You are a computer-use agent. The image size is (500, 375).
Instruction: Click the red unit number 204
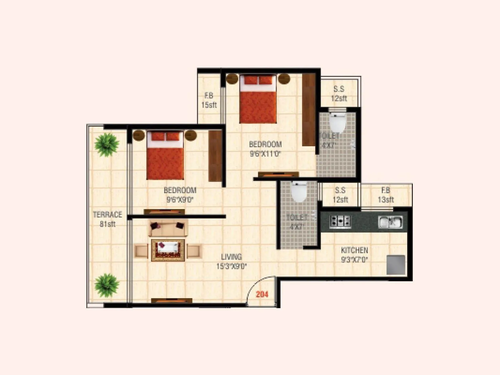[262, 294]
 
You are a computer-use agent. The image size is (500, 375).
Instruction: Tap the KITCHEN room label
[354, 250]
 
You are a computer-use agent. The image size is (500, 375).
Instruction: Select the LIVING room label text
[231, 257]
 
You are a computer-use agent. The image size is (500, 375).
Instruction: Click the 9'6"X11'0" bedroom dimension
[266, 154]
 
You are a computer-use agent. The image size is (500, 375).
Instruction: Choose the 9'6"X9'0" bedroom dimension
[180, 200]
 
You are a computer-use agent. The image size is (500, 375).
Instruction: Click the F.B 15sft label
[209, 100]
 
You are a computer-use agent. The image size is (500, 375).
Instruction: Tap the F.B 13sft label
[386, 195]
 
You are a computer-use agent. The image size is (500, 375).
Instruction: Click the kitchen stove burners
[340, 221]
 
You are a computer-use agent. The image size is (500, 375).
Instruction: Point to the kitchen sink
[390, 222]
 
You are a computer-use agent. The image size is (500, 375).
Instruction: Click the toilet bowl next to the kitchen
[299, 192]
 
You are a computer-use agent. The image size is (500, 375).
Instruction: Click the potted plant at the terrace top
[107, 144]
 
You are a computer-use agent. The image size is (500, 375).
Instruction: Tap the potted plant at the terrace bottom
[107, 285]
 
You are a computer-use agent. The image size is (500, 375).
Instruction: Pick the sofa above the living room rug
[168, 228]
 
